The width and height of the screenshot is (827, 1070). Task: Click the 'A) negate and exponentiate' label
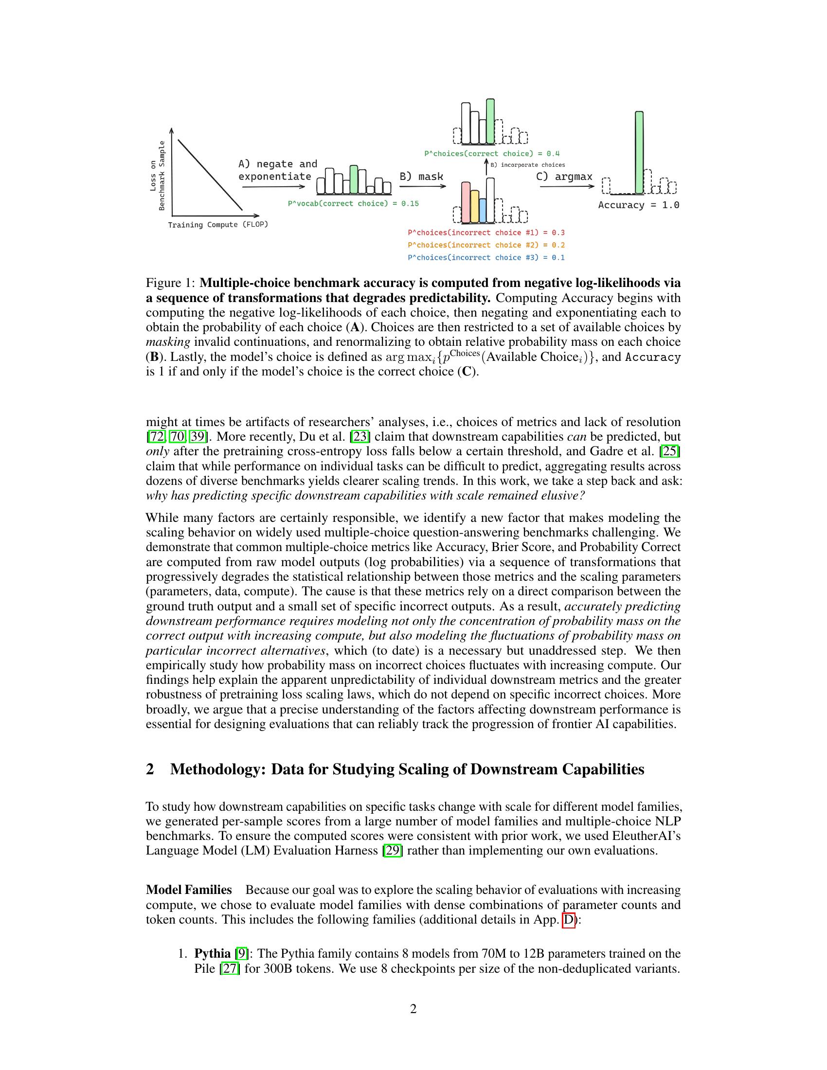[277, 170]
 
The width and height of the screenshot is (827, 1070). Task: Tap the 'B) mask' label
[421, 176]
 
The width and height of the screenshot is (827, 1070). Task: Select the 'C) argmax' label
[564, 177]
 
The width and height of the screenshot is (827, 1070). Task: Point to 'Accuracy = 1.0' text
[638, 205]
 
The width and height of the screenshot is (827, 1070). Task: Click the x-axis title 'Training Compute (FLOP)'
[218, 225]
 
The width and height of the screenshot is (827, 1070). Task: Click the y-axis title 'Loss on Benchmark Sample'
[157, 176]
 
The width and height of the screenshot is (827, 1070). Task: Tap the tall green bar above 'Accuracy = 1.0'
[639, 152]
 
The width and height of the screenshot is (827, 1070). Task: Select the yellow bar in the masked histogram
[474, 206]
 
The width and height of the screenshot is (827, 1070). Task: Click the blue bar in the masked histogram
[483, 210]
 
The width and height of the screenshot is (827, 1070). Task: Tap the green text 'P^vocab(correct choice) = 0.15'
[353, 203]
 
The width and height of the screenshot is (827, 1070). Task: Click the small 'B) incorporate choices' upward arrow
[486, 166]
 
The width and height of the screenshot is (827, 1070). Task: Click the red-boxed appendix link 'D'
[568, 920]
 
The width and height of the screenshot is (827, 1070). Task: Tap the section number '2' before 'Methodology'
[150, 769]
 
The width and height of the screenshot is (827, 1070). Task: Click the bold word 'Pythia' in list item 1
[212, 953]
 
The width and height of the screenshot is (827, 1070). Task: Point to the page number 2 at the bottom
[413, 1009]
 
